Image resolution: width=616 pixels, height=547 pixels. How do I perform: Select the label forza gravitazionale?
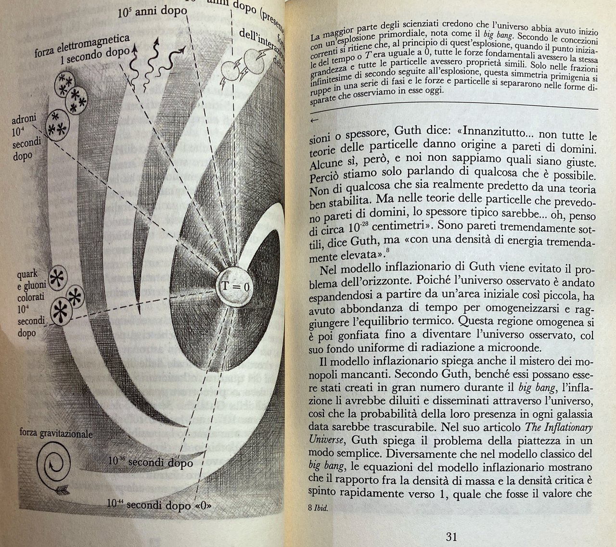coord(56,433)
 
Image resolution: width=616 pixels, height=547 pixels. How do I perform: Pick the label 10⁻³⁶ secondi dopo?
coord(150,463)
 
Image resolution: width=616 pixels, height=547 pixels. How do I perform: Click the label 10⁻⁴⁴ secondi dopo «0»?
coord(159,504)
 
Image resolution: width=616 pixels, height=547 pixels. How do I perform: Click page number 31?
coord(451,536)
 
